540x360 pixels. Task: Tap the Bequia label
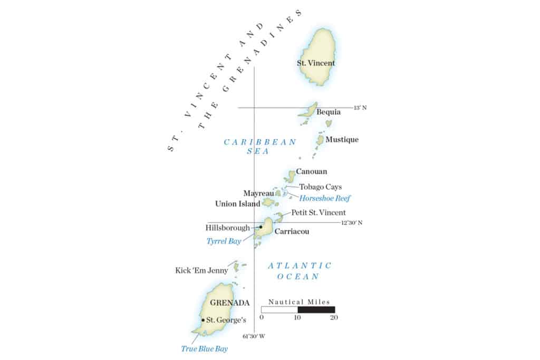pos(328,112)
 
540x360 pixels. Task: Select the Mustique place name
pos(342,140)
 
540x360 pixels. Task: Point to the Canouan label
pos(311,171)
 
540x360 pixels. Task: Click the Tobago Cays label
pos(321,187)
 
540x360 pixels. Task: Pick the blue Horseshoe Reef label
pos(325,198)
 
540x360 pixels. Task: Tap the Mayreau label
pos(258,193)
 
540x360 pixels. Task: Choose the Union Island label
pos(238,203)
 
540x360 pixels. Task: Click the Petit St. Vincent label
pos(319,212)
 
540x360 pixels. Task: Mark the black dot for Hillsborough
pos(261,227)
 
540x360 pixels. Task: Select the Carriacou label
pos(292,231)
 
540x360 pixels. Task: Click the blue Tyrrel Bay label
pos(224,241)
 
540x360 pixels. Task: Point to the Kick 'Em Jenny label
pos(201,270)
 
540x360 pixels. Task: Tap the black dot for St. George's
pos(203,319)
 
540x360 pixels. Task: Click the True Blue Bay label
pos(205,348)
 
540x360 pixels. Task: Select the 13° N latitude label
pos(360,108)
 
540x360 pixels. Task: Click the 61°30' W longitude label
pos(254,336)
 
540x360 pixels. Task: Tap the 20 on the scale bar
pos(333,317)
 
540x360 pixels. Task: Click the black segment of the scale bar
pos(316,309)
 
